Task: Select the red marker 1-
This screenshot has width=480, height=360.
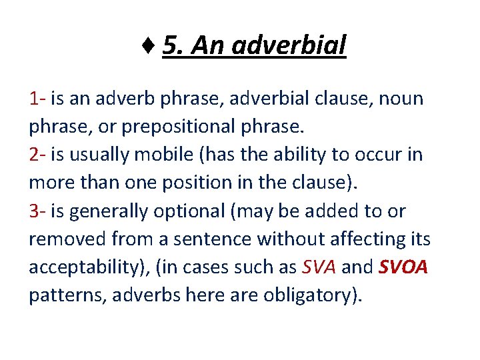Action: coord(37,99)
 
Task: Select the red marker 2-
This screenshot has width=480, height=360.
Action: coord(37,155)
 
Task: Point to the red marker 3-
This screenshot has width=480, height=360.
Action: coord(37,211)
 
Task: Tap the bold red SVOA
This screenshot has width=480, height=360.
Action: coord(403,267)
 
